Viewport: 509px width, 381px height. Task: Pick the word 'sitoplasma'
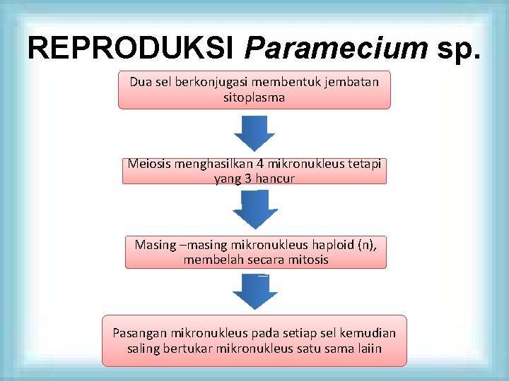(x=254, y=97)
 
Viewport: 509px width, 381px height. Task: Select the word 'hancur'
(x=275, y=179)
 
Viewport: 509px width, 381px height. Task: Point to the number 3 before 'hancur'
(x=249, y=179)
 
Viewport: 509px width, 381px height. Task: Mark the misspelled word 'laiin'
(x=368, y=348)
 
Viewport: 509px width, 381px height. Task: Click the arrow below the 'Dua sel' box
(x=255, y=133)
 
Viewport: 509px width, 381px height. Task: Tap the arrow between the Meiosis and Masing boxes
(x=255, y=209)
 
